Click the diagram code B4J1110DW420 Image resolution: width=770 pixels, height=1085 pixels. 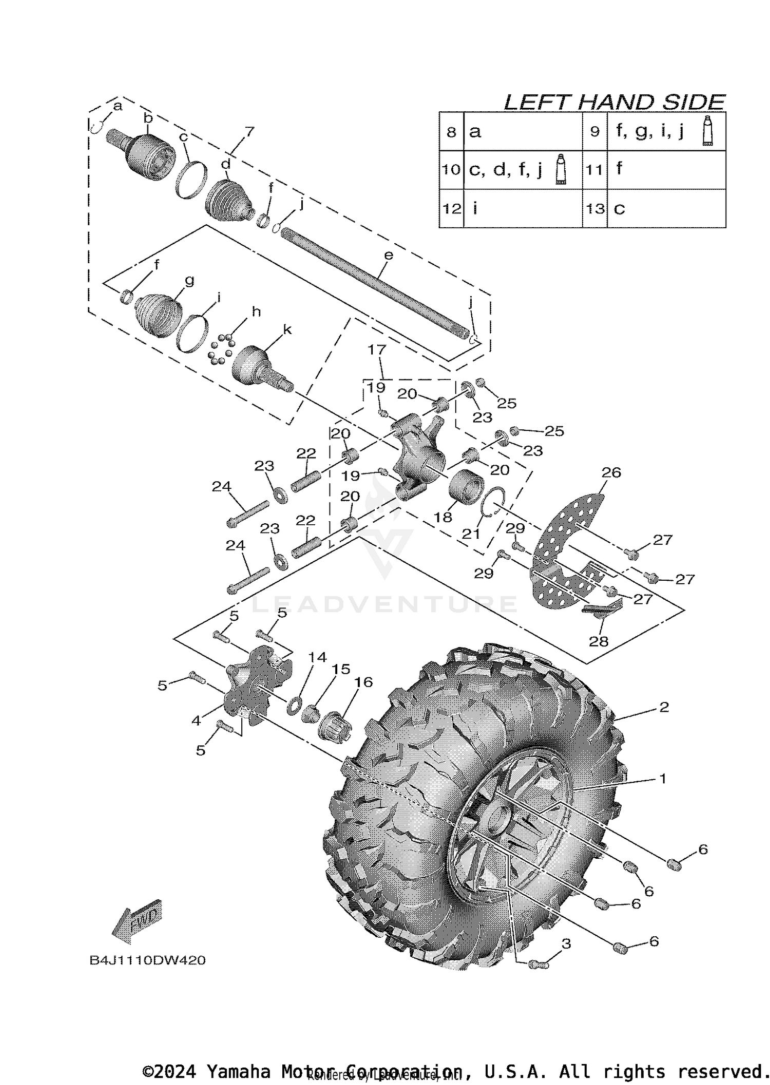click(147, 960)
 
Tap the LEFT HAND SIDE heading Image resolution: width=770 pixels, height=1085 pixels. click(614, 102)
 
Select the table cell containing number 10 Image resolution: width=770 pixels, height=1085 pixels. click(451, 169)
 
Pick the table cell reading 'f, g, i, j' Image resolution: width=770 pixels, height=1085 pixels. click(666, 132)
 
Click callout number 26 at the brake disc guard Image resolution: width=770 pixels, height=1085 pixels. click(611, 472)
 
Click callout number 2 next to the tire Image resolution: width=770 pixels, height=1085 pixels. click(664, 707)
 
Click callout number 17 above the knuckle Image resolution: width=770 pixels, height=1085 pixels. click(377, 350)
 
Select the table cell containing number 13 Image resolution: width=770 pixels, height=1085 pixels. click(595, 209)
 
